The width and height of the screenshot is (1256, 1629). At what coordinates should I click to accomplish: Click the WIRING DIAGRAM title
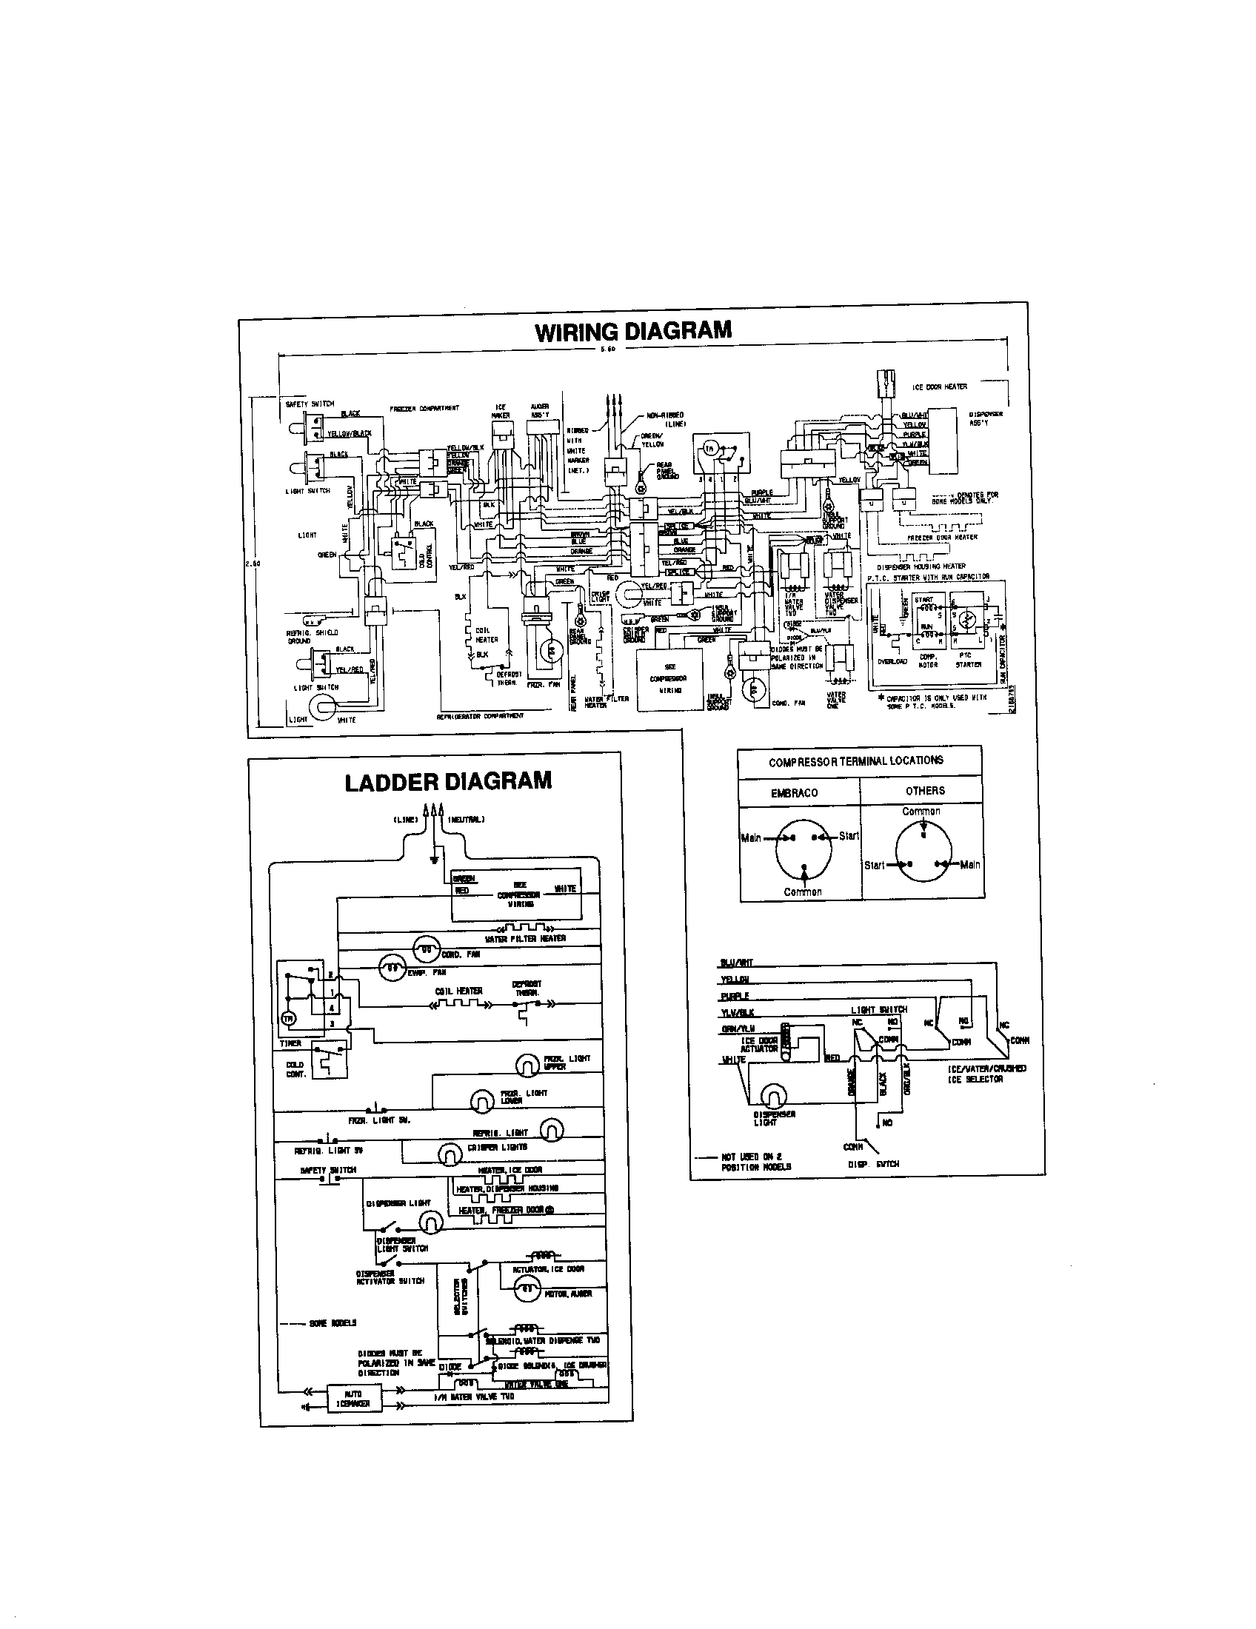633,330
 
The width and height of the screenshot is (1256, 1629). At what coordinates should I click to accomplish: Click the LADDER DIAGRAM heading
448,781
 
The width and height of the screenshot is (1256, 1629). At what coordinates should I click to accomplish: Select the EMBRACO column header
795,793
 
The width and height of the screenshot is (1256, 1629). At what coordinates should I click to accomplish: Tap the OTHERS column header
925,791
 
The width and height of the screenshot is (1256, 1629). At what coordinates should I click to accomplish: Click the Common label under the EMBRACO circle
803,892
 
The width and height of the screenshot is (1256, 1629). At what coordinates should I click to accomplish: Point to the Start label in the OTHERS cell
874,865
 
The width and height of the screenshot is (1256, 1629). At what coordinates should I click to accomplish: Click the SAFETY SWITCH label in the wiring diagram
304,404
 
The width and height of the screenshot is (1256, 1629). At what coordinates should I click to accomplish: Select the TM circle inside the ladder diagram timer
288,1019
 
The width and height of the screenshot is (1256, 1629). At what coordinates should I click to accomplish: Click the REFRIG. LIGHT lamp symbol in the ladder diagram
551,1131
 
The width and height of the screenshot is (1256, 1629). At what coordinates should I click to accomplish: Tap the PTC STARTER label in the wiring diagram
968,660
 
